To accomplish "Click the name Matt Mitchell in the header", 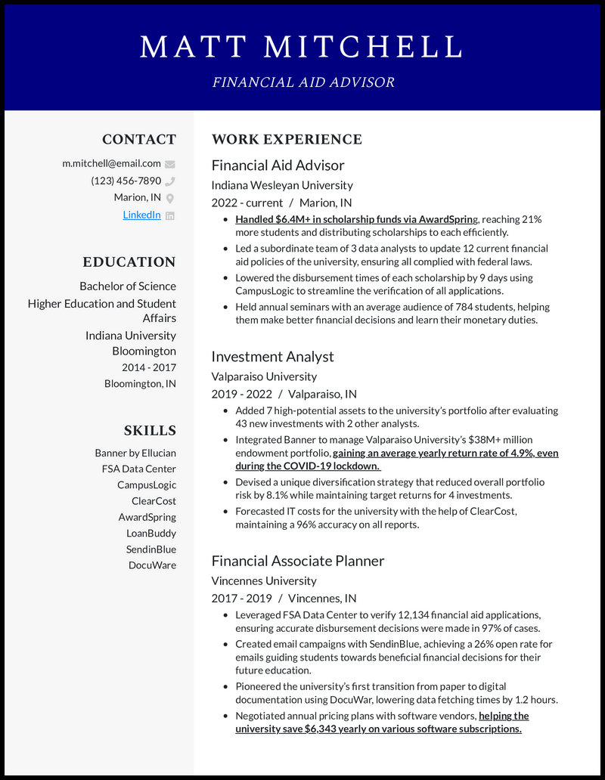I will tap(302, 47).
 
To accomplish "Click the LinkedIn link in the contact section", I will tap(141, 215).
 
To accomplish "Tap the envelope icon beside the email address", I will tap(170, 163).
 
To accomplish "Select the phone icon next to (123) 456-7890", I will tap(170, 181).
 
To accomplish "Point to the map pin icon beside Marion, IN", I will tap(170, 198).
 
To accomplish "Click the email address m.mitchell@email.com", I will tap(111, 162).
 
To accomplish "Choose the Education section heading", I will tap(129, 262).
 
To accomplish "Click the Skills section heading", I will tap(150, 431).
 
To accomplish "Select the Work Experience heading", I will tap(287, 139).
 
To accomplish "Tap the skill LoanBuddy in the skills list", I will tap(151, 533).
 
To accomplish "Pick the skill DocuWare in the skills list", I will tap(152, 565).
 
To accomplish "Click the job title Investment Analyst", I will tap(272, 356).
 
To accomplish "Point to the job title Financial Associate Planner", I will tap(297, 560).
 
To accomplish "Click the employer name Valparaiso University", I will tap(264, 376).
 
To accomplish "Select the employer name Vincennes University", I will tap(264, 580).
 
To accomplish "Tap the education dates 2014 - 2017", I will tap(149, 367).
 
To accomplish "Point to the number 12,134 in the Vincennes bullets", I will tap(410, 614).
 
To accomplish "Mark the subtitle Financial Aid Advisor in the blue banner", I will tap(302, 82).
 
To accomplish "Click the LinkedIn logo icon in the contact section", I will tap(170, 215).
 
